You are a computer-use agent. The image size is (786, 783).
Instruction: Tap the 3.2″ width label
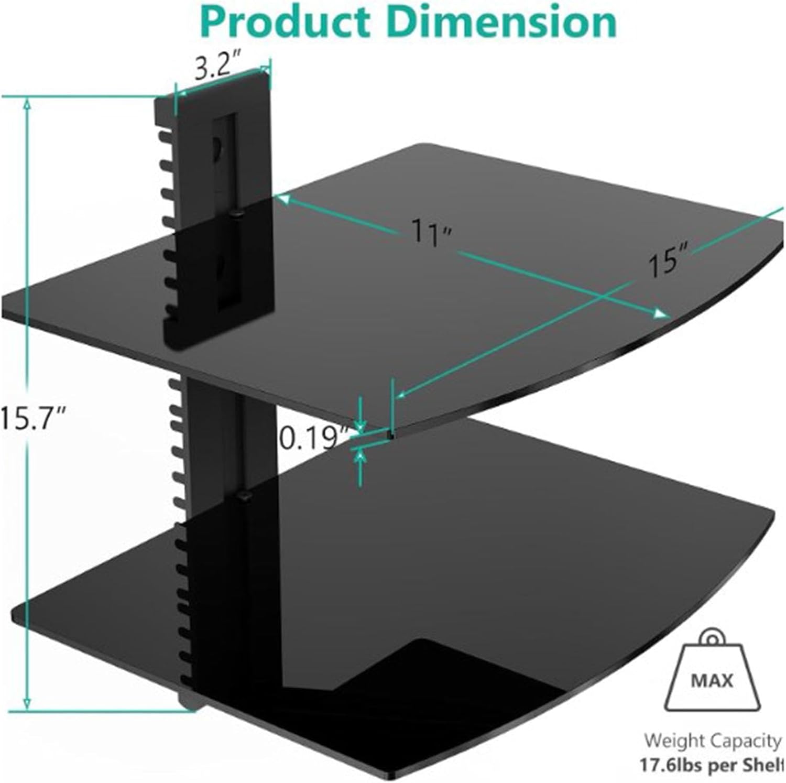coord(216,67)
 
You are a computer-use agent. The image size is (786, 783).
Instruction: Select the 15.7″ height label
coord(32,418)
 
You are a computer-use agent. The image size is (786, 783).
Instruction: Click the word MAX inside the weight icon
coord(712,681)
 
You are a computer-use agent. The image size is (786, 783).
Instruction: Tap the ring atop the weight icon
coord(712,639)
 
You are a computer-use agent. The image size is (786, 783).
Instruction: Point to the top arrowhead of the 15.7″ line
coord(27,104)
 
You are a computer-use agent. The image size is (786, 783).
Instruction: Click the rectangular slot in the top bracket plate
coord(224,210)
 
